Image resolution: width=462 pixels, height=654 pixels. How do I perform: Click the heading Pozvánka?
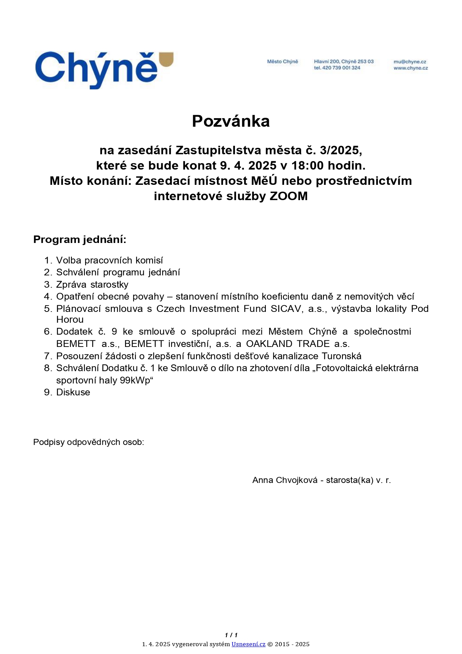231,121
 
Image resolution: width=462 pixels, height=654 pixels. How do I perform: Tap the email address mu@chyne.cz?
410,61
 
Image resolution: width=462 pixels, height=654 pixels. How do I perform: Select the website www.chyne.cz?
411,68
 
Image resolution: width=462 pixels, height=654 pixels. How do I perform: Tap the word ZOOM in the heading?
289,196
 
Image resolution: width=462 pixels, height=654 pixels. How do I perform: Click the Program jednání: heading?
80,239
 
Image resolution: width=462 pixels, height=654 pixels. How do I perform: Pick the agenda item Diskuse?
73,392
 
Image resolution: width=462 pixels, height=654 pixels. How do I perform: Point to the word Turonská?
341,356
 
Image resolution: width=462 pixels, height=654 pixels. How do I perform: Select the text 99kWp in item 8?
135,380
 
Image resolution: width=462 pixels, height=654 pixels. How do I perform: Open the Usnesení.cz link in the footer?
248,644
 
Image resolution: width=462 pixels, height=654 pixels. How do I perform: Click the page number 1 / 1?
231,635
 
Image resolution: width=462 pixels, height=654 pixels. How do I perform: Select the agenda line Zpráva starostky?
92,284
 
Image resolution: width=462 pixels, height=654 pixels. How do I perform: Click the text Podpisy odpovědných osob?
89,442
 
